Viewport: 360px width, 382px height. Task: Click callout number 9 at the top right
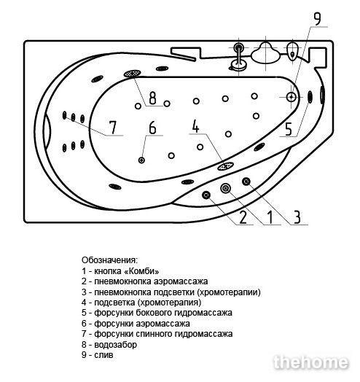(x=317, y=19)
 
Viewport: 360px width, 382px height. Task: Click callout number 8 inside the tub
(x=152, y=98)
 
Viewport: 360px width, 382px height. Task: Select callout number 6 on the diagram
(x=152, y=128)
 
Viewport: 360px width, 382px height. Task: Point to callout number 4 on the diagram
(x=195, y=126)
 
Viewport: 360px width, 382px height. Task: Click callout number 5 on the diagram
(x=289, y=129)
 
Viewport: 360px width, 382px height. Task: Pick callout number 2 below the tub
(x=243, y=217)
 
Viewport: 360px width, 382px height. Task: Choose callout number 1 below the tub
(x=270, y=217)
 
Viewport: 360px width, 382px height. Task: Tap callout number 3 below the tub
(x=297, y=217)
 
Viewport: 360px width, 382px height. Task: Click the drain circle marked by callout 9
(x=291, y=97)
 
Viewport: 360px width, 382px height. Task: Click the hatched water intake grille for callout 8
(x=132, y=74)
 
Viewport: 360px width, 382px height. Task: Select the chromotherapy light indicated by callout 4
(x=226, y=166)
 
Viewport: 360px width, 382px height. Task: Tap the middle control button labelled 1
(x=226, y=188)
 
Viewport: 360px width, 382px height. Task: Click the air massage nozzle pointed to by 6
(x=141, y=160)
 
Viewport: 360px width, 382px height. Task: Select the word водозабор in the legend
(x=115, y=345)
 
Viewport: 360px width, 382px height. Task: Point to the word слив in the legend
(x=103, y=355)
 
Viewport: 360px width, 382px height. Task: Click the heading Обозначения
(x=109, y=260)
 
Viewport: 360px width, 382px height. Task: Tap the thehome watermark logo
(x=311, y=362)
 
